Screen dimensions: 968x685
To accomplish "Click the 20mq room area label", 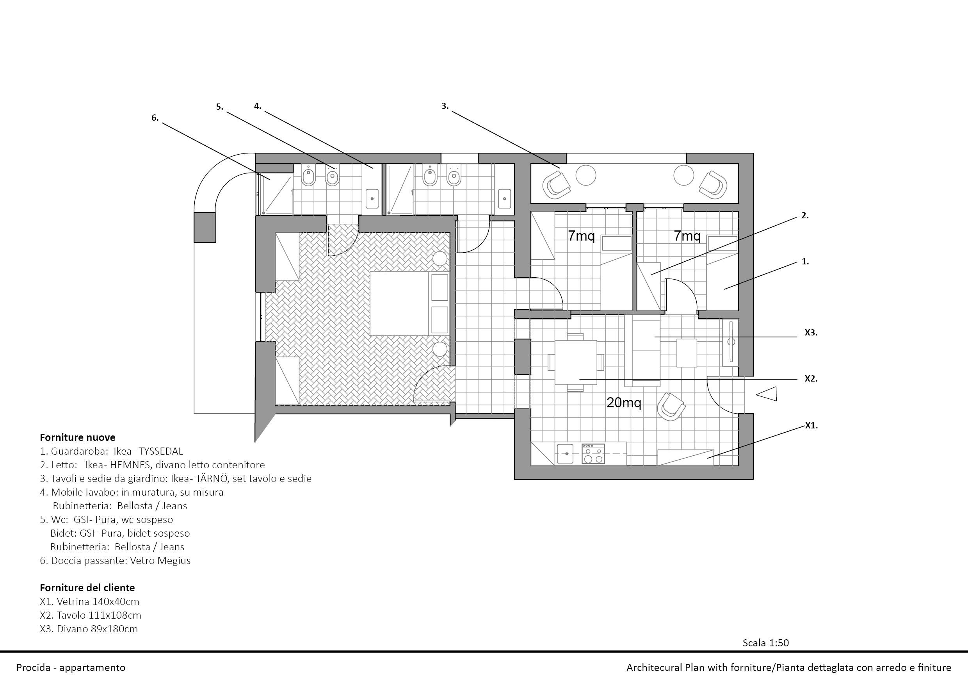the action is (624, 403).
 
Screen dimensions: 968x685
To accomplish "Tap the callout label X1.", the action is (811, 425).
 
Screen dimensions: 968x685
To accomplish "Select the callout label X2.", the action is (811, 378).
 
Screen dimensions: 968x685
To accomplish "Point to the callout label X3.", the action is (811, 332).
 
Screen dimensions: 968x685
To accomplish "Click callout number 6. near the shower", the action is (155, 118).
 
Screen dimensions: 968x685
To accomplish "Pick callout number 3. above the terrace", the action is (445, 106).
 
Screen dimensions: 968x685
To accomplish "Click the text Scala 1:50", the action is (765, 643).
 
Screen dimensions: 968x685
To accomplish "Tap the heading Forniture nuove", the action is (77, 437).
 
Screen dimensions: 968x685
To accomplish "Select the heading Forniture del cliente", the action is (87, 588).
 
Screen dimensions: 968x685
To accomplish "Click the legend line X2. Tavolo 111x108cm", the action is (90, 615).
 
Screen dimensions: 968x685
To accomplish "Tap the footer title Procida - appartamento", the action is (71, 668).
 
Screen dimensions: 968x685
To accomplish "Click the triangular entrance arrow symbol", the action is (767, 394).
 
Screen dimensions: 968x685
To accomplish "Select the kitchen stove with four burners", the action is (593, 454).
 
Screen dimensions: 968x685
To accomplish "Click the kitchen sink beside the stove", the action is (565, 454).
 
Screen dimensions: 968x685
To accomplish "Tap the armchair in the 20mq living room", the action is (671, 407).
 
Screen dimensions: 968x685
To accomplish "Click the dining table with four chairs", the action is (575, 362).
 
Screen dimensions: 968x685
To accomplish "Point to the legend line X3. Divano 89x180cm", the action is (89, 629).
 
